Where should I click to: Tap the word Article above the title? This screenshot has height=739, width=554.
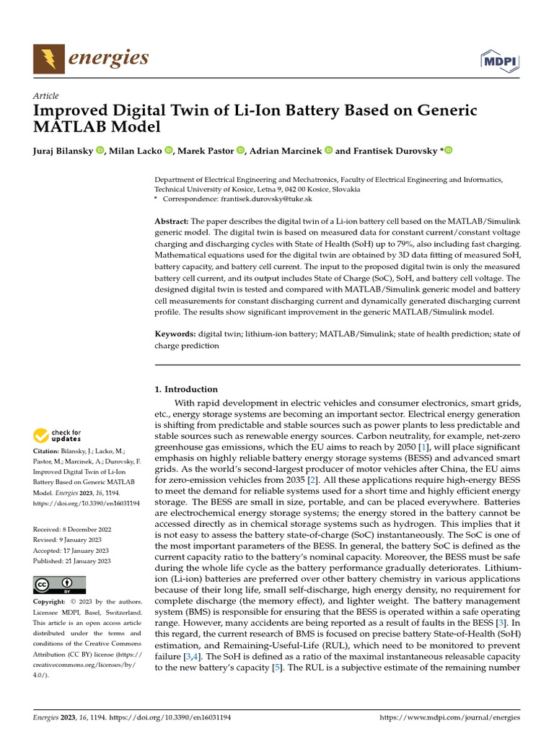[x=46, y=96]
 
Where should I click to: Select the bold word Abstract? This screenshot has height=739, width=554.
[x=172, y=220]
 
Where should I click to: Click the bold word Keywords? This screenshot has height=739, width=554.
[x=175, y=334]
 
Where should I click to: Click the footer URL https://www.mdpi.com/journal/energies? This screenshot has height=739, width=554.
[x=449, y=719]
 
